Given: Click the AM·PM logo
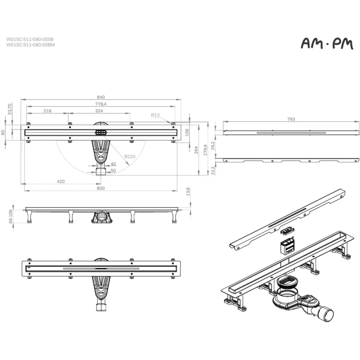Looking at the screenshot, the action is tap(327, 43).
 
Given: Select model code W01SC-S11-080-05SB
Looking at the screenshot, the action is tap(30, 40).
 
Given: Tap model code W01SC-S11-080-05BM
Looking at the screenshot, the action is tap(30, 45).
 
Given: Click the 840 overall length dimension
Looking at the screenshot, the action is tap(101, 97).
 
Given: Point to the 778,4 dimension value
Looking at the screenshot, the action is tap(101, 104).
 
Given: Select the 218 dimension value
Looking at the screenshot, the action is tap(47, 111).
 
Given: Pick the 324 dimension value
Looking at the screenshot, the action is tap(99, 111).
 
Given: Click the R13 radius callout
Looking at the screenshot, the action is tap(155, 115).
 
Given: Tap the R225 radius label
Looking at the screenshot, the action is tap(130, 157).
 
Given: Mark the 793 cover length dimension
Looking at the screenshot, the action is tap(291, 119).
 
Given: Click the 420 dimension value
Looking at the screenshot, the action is tap(61, 181).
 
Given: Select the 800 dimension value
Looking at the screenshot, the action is tap(101, 188).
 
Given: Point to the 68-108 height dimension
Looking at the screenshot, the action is tap(10, 216).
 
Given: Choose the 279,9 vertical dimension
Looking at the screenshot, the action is tap(206, 150).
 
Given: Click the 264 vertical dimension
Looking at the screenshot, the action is tap(196, 150).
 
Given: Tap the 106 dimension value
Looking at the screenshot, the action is tap(187, 132).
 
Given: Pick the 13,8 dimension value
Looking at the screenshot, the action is tap(188, 192).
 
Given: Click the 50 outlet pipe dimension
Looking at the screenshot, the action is tap(113, 171).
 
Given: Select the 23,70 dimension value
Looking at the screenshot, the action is tap(9, 109).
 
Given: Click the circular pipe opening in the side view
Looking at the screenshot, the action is tap(101, 216).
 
